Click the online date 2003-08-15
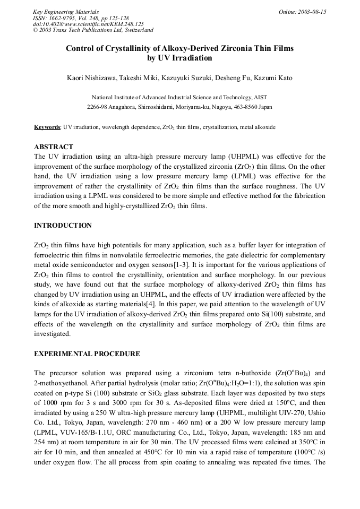312,12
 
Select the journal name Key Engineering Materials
65,12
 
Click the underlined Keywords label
47,127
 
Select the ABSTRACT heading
54,146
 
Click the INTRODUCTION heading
63,226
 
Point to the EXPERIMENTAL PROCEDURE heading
87,354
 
